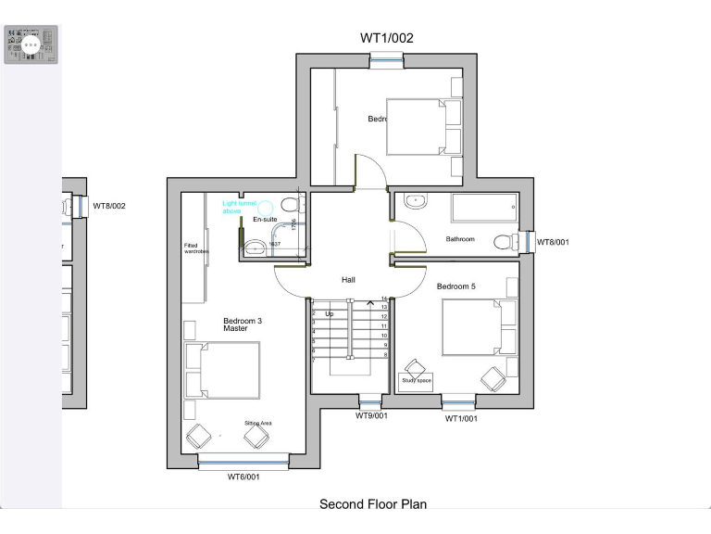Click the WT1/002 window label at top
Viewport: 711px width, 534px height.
coord(386,38)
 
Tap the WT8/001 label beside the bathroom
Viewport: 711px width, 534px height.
coord(554,243)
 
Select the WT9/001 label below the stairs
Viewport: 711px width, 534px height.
coord(371,416)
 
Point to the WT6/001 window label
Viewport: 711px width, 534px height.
coord(243,477)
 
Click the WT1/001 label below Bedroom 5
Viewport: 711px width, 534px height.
coord(461,418)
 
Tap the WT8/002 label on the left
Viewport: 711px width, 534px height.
coord(107,206)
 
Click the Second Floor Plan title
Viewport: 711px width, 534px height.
coord(373,504)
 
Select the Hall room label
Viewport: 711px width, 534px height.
coord(348,279)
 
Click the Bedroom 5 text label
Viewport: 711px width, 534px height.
coord(455,286)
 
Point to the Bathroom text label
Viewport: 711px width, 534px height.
coord(460,239)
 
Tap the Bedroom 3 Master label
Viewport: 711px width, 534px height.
coord(243,325)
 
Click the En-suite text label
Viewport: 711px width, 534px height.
coord(266,220)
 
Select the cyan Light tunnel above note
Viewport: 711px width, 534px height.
coord(232,207)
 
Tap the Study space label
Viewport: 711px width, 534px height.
coord(416,380)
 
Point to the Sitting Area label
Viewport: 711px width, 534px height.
coord(257,423)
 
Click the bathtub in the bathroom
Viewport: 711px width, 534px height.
coord(484,208)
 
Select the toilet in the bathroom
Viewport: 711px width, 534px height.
coord(505,242)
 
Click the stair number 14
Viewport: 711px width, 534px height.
coord(383,299)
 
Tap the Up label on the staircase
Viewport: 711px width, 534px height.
coord(329,313)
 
